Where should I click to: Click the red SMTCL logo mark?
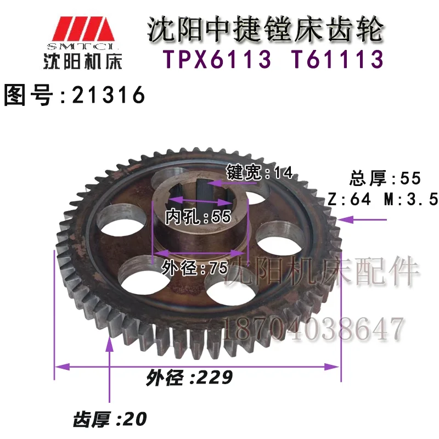(83, 29)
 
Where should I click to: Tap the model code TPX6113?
(217, 59)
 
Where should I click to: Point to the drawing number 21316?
(108, 94)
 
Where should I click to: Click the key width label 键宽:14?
(259, 172)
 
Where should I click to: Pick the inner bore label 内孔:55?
(198, 216)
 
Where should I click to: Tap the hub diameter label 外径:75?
(195, 268)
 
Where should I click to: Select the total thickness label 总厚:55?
(385, 178)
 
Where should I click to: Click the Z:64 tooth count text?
(350, 200)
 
